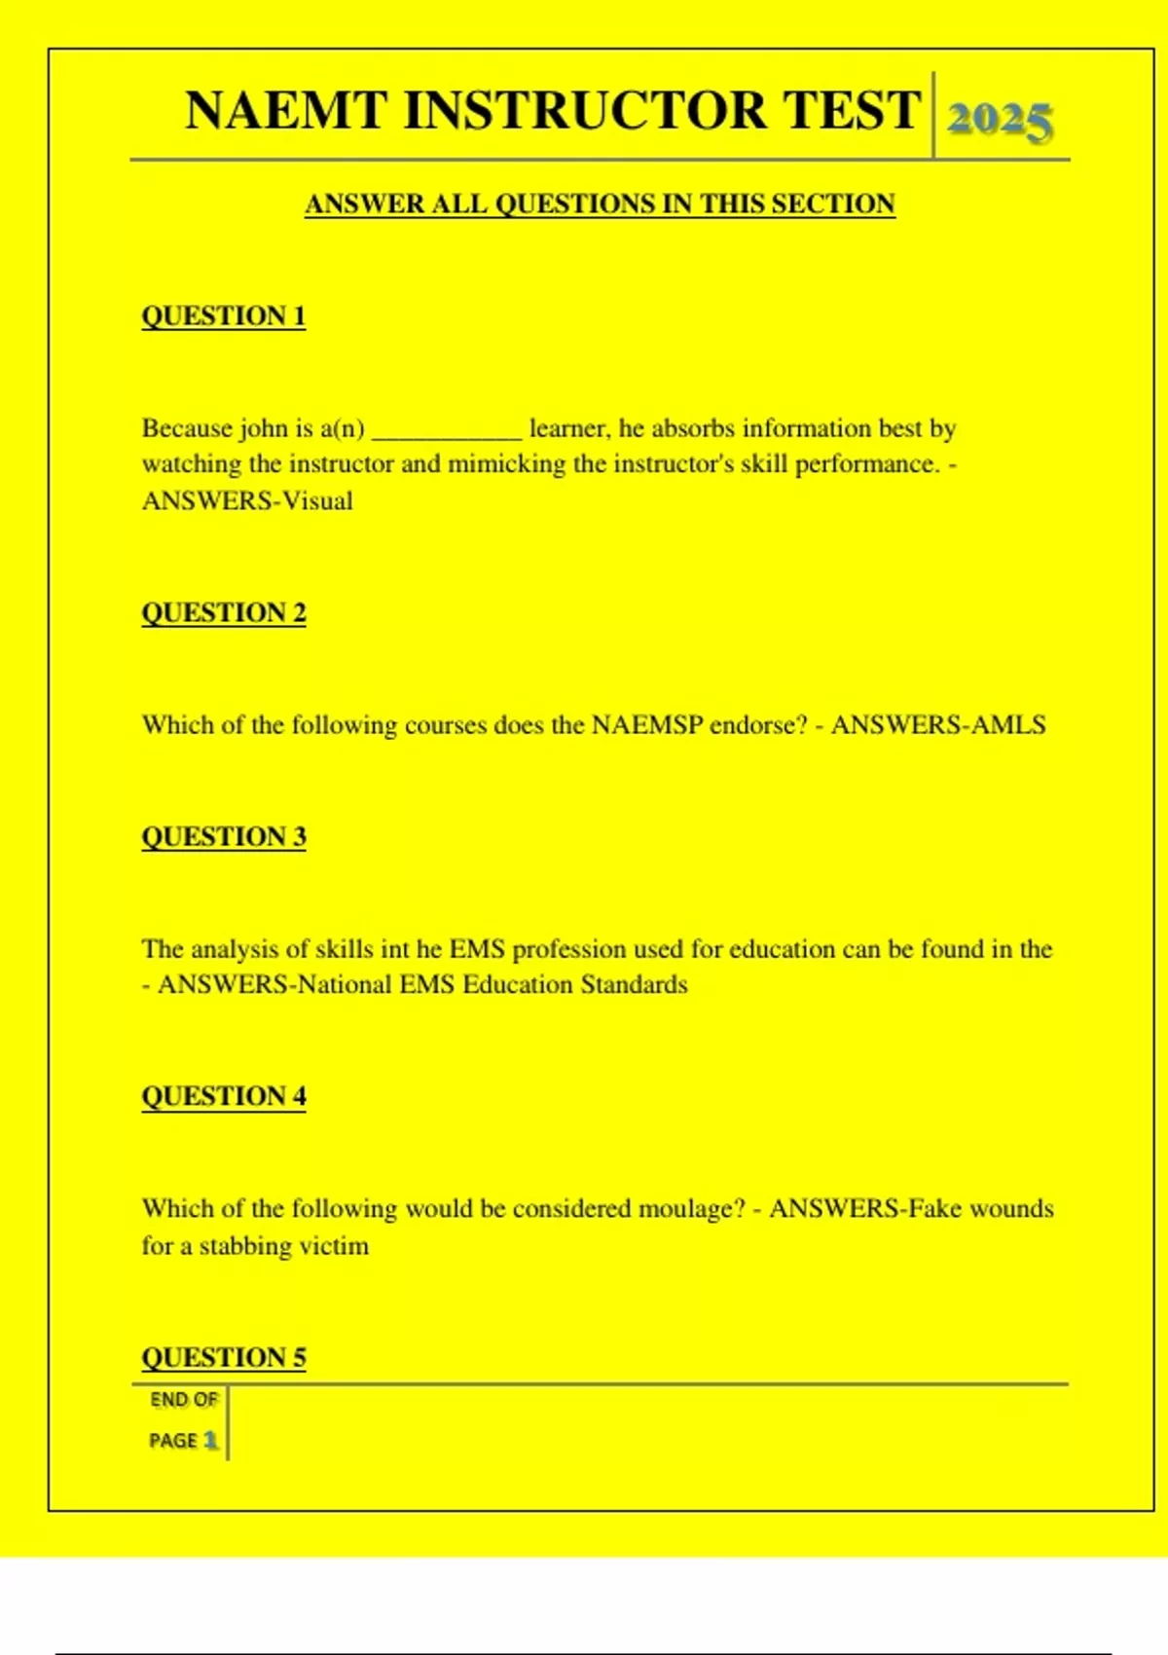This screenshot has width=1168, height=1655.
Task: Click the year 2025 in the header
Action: [999, 121]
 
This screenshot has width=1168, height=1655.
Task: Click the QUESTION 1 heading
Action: [224, 316]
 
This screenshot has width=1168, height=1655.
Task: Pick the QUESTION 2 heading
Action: [224, 613]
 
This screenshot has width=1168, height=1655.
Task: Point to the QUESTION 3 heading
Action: [224, 837]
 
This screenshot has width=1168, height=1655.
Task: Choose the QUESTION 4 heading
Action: [224, 1096]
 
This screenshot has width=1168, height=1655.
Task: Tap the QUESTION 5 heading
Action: [224, 1357]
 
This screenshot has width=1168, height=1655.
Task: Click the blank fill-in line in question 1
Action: [447, 435]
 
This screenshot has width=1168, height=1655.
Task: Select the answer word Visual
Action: [317, 501]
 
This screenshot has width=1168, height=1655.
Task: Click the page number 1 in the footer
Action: [210, 1440]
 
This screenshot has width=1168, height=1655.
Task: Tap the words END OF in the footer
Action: [183, 1400]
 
